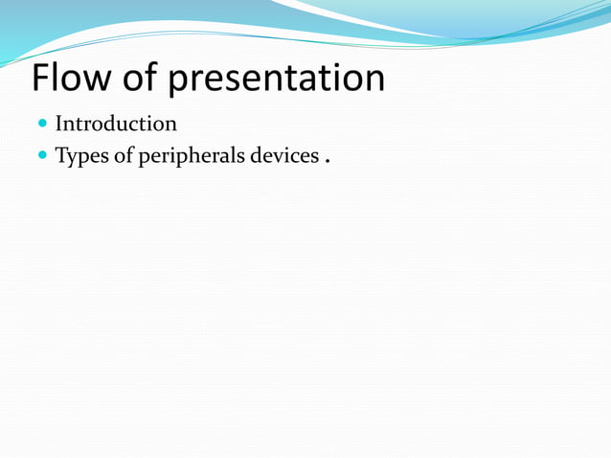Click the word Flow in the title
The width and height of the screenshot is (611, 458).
[72, 79]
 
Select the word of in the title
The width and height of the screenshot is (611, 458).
[141, 79]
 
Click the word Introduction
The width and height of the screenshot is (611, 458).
[116, 124]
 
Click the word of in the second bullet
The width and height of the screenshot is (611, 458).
[124, 155]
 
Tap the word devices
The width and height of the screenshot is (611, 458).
[283, 155]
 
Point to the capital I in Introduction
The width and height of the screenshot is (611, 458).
[59, 124]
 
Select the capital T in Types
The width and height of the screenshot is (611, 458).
[61, 155]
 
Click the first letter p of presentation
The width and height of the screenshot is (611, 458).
[179, 82]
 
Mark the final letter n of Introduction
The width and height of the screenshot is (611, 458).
[170, 126]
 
